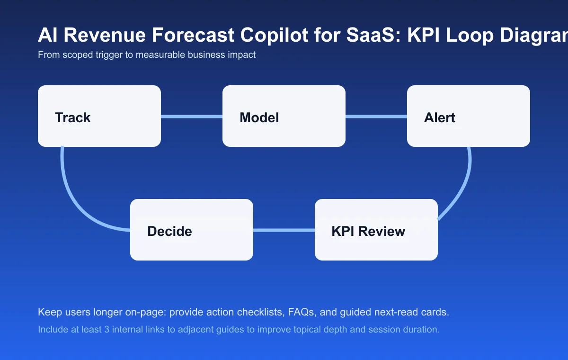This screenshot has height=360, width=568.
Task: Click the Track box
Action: pos(99,116)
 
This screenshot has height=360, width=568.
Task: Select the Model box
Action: pos(284,116)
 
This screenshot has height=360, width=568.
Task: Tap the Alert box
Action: pos(469,116)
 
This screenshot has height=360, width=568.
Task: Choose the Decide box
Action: pos(192,230)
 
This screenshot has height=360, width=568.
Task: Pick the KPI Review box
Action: pos(376,230)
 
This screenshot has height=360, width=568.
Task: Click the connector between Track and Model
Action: pos(192,116)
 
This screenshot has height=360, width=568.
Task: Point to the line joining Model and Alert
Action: pos(376,116)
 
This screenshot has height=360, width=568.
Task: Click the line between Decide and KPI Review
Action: pos(284,230)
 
